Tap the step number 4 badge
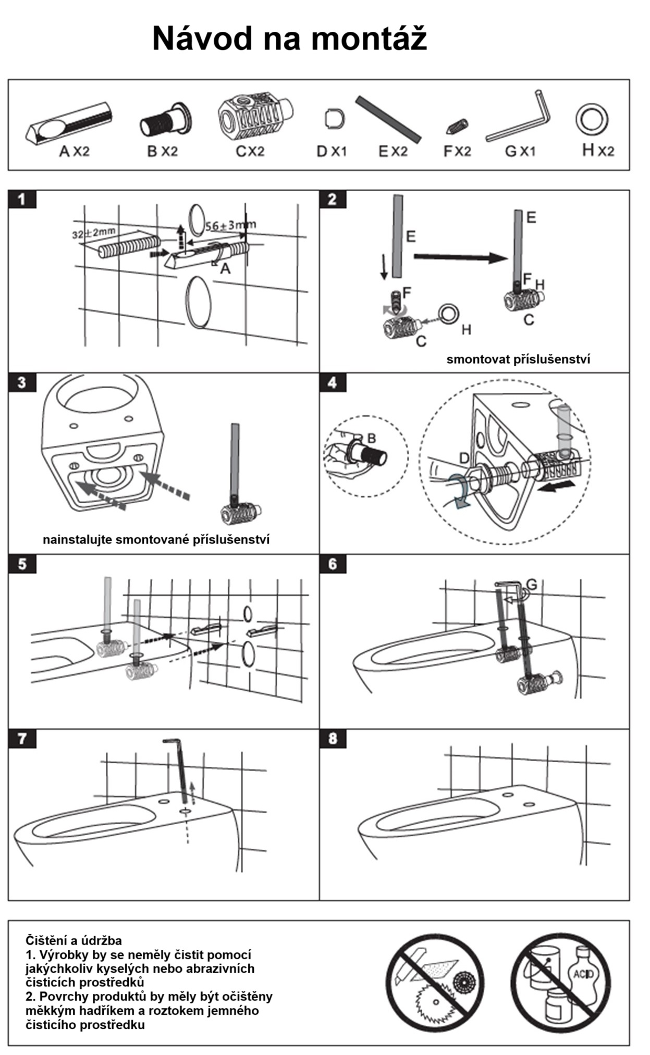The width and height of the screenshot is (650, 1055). tap(333, 382)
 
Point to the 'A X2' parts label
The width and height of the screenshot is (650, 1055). tap(74, 152)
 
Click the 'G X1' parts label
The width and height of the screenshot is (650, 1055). tap(520, 152)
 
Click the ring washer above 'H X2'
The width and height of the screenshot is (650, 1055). tap(592, 118)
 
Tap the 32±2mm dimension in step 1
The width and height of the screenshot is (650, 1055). tap(94, 232)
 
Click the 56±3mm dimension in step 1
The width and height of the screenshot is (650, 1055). tap(230, 225)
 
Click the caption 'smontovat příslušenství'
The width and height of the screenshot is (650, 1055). tap(518, 359)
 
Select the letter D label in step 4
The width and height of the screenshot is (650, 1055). tap(464, 458)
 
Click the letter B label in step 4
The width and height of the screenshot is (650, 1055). tap(372, 438)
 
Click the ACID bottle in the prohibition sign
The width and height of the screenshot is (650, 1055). tap(584, 975)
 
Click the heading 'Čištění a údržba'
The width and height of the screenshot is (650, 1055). tap(73, 940)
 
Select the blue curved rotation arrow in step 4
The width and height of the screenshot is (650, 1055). tap(459, 490)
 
